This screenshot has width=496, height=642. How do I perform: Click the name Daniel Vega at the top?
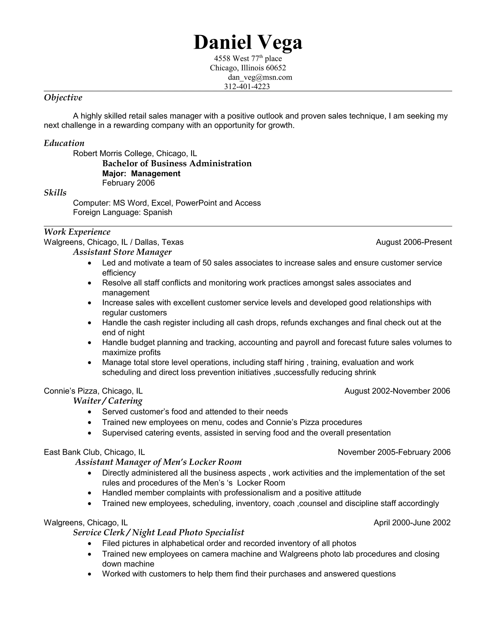pyautogui.click(x=248, y=42)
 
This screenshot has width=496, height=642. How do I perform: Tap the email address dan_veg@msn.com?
pyautogui.click(x=260, y=77)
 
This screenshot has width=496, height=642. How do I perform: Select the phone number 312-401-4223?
pyautogui.click(x=247, y=86)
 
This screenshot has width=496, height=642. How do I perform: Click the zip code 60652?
pyautogui.click(x=276, y=68)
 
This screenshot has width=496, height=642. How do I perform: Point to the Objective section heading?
pyautogui.click(x=63, y=97)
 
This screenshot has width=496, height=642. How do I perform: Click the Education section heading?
pyautogui.click(x=64, y=143)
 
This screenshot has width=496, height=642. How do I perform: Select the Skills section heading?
pyautogui.click(x=55, y=193)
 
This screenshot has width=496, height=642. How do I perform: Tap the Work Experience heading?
pyautogui.click(x=77, y=232)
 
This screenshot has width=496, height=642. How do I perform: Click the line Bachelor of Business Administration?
pyautogui.click(x=177, y=164)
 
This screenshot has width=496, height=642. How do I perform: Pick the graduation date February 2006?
pyautogui.click(x=128, y=183)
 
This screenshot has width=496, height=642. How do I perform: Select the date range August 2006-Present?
pyautogui.click(x=414, y=242)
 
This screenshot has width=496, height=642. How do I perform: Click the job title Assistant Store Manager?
pyautogui.click(x=122, y=252)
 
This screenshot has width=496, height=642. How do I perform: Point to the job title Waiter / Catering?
pyautogui.click(x=108, y=401)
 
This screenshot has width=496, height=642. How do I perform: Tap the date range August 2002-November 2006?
pyautogui.click(x=397, y=391)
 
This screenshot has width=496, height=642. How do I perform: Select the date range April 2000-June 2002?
pyautogui.click(x=412, y=522)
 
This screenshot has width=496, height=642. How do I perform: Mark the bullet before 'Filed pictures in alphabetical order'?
pyautogui.click(x=90, y=544)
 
